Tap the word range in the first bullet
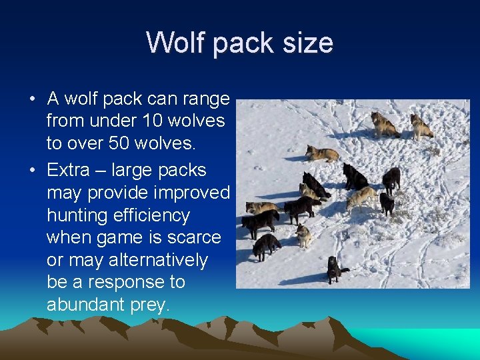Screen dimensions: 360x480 click(204, 99)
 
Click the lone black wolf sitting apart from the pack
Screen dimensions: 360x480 click(334, 269)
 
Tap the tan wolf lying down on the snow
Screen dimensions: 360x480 click(322, 153)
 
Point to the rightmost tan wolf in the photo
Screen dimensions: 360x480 click(421, 126)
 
